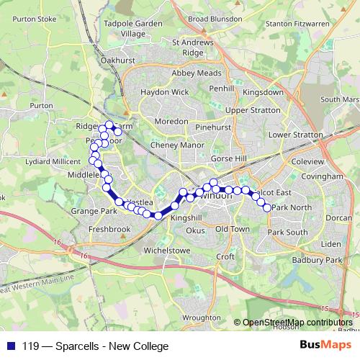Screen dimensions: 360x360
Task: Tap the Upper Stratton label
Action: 251,110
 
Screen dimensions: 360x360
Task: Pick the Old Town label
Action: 232,228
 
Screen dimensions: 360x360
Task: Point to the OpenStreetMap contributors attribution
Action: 297,322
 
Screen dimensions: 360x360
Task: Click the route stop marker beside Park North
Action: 268,207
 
